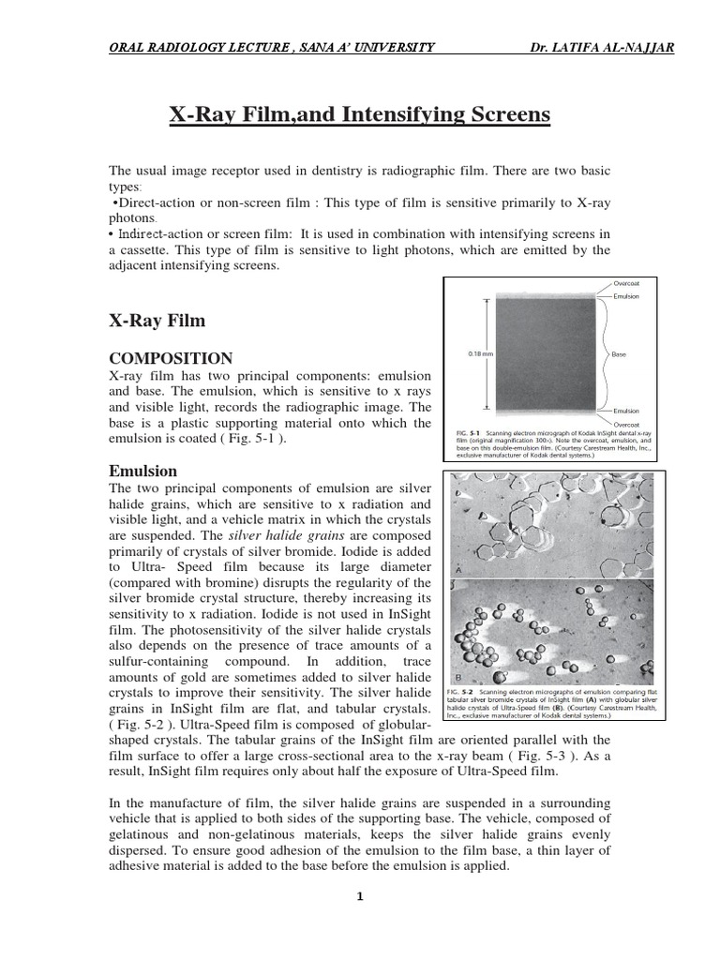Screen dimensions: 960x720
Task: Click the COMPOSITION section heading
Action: [x=172, y=358]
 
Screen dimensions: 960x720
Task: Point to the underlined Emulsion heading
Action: [x=143, y=471]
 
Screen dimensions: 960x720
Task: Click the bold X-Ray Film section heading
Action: [x=157, y=321]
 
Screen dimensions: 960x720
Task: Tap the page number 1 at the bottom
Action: [x=359, y=895]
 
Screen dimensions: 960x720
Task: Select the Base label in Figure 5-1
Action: [x=619, y=355]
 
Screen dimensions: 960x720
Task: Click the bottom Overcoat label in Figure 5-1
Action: [x=626, y=425]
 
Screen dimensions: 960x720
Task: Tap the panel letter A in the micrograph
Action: [x=458, y=570]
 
